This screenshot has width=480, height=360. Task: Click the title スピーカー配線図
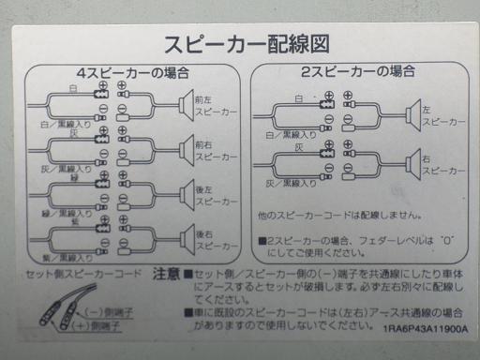tap(246, 44)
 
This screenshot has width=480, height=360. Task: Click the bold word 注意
tap(165, 275)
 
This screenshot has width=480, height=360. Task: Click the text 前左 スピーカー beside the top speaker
tap(209, 104)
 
